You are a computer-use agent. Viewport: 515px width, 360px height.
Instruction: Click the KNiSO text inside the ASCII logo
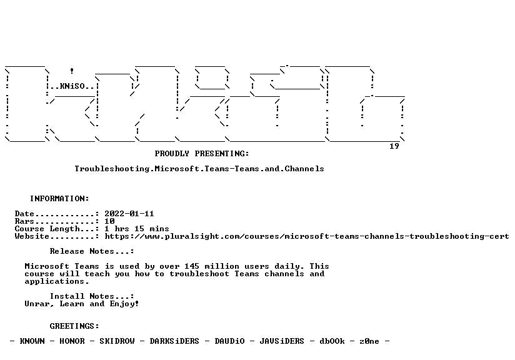pyautogui.click(x=72, y=86)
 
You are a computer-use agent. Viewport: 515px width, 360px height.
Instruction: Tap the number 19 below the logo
pyautogui.click(x=394, y=146)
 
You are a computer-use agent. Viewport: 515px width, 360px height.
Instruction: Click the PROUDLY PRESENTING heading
pyautogui.click(x=202, y=154)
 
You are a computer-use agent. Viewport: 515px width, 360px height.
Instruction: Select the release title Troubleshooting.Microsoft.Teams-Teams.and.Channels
pyautogui.click(x=199, y=169)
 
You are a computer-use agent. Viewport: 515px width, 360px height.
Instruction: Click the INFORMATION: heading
pyautogui.click(x=59, y=199)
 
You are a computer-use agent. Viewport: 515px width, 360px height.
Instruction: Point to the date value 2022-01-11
pyautogui.click(x=129, y=214)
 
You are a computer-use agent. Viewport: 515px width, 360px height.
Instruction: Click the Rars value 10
pyautogui.click(x=109, y=221)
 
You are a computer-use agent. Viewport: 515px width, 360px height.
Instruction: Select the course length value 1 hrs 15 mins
pyautogui.click(x=137, y=229)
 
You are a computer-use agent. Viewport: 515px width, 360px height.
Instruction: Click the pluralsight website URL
pyautogui.click(x=307, y=236)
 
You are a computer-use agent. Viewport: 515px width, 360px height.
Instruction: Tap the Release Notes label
pyautogui.click(x=92, y=252)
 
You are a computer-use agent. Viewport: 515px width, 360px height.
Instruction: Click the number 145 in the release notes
pyautogui.click(x=191, y=266)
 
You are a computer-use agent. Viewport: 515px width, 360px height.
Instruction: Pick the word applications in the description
pyautogui.click(x=55, y=281)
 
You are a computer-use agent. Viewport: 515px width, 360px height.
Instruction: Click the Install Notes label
pyautogui.click(x=92, y=297)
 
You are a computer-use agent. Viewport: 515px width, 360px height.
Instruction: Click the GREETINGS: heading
pyautogui.click(x=74, y=326)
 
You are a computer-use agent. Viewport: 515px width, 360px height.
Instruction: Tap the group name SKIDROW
pyautogui.click(x=117, y=342)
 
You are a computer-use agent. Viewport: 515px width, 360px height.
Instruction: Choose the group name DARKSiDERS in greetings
pyautogui.click(x=174, y=342)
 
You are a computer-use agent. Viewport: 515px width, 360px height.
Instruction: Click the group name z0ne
pyautogui.click(x=369, y=342)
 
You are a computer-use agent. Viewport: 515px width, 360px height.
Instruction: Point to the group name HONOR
pyautogui.click(x=72, y=342)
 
